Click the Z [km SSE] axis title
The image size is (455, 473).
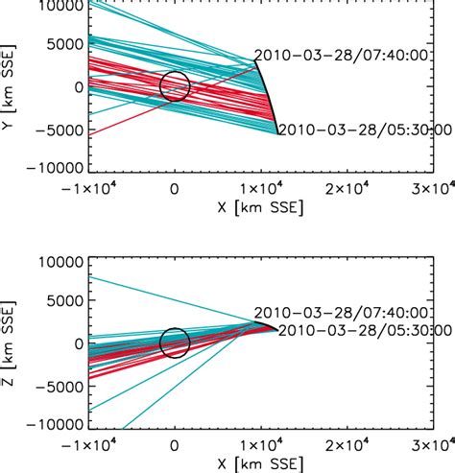[x=11, y=343]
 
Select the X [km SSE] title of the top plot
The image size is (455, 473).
[x=174, y=208]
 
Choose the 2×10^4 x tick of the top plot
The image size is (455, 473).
[x=347, y=186]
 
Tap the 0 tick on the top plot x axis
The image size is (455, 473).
[x=174, y=186]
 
